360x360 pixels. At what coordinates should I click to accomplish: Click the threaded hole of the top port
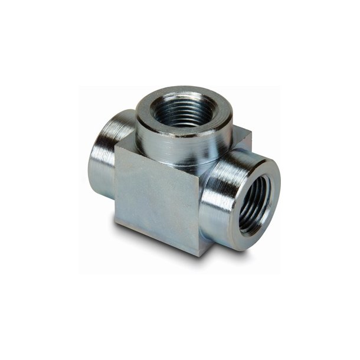point(184,110)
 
